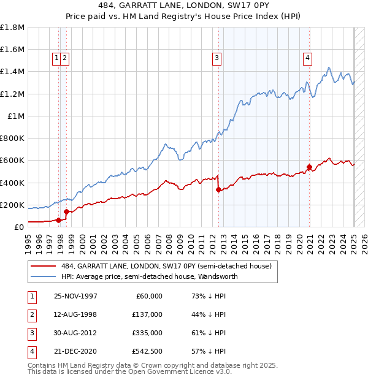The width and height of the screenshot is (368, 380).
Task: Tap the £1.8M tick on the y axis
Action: pos(12,28)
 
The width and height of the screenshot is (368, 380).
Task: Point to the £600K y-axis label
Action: pos(12,161)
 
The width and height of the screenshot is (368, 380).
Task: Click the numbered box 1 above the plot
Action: pos(56,58)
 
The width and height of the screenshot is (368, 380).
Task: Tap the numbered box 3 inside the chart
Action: pos(217,58)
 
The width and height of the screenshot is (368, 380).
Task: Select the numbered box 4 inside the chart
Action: pos(307,58)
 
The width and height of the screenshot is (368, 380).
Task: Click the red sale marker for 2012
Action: pos(218,190)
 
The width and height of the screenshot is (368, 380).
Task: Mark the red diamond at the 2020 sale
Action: pos(310,167)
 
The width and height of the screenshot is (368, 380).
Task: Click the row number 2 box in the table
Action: pos(31,314)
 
